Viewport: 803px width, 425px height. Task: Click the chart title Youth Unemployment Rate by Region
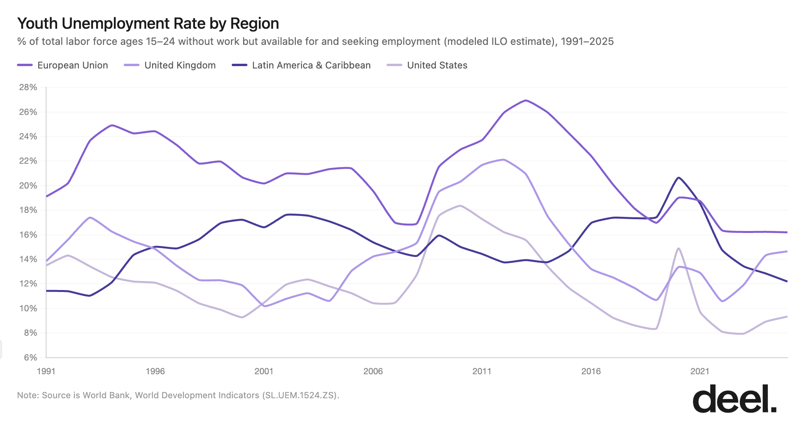[148, 24]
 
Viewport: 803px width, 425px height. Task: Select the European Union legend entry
[63, 65]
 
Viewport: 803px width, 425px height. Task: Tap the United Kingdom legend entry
[170, 65]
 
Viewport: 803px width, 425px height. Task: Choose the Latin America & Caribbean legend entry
[301, 65]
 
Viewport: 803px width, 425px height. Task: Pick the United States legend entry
[428, 65]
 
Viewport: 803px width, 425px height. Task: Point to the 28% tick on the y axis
[28, 87]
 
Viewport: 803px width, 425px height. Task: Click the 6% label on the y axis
[30, 357]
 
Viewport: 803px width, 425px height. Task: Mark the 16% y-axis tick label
[28, 235]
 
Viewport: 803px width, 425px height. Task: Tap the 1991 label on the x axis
[46, 371]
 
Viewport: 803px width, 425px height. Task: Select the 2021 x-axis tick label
[700, 371]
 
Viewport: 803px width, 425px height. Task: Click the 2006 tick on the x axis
[373, 371]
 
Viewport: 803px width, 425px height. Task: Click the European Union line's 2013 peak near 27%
[526, 100]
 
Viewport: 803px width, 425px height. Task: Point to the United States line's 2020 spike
[678, 248]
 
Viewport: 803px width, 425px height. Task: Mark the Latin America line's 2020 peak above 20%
[678, 177]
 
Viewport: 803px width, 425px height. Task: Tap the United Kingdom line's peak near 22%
[504, 159]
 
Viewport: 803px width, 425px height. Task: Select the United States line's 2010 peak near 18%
[460, 205]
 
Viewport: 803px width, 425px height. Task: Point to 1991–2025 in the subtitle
[587, 41]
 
